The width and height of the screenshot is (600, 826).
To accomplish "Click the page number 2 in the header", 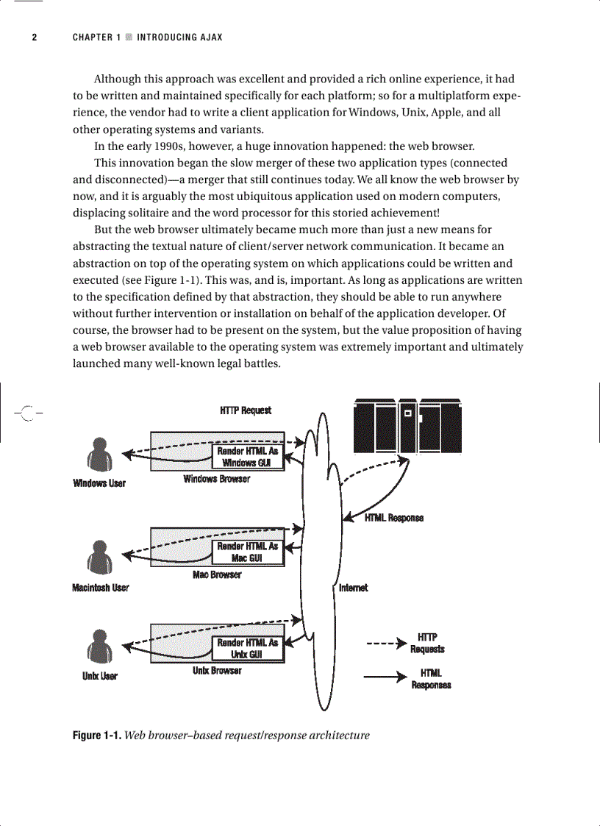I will coord(34,38).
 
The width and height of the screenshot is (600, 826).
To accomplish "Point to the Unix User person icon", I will coord(99,647).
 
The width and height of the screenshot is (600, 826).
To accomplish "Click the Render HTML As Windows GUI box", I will coord(247,457).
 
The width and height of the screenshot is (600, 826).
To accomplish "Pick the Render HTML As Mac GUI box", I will coord(247,552).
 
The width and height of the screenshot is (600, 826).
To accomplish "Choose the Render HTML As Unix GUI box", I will coord(247,648).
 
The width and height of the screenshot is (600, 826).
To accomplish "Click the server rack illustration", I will coord(407,426).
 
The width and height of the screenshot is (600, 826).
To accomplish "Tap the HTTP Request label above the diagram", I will coord(246,410).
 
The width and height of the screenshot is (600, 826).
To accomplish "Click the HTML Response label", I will coord(394,518).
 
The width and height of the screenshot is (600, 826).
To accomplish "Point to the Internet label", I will coord(353,588).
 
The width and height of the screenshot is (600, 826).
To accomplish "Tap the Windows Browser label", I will coord(216,479).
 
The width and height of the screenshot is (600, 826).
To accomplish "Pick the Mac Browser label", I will coord(217,574).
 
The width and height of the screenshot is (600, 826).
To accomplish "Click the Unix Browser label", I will coord(217,671).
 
